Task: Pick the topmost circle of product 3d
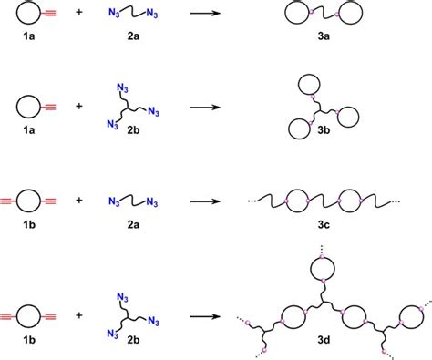tap(321, 270)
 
